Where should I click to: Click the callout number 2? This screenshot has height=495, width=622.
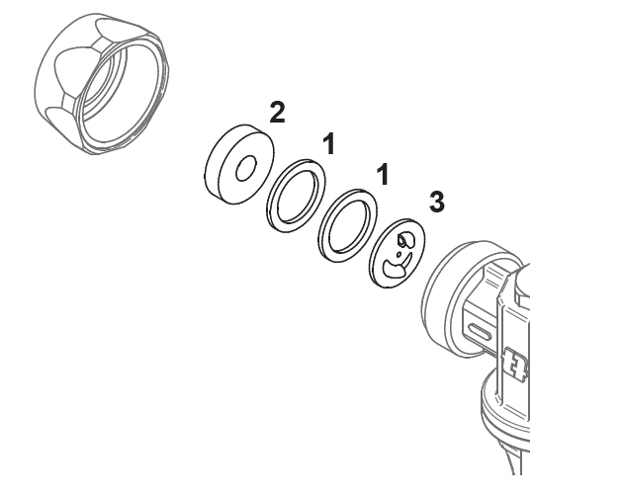(277, 113)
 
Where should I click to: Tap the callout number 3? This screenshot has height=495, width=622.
(437, 202)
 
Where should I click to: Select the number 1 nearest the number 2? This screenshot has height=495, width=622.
(329, 144)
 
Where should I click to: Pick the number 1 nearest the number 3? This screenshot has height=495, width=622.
(383, 175)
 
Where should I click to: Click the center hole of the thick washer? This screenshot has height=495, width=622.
(246, 168)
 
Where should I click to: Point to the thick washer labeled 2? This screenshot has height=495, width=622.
(238, 164)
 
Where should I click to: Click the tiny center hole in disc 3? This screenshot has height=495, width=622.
(399, 255)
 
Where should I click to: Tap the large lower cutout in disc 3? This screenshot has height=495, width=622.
(395, 268)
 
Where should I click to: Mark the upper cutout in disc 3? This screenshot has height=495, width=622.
(406, 239)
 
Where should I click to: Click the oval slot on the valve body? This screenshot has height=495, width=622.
(481, 331)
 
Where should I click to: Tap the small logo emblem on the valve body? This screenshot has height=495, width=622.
(515, 364)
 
